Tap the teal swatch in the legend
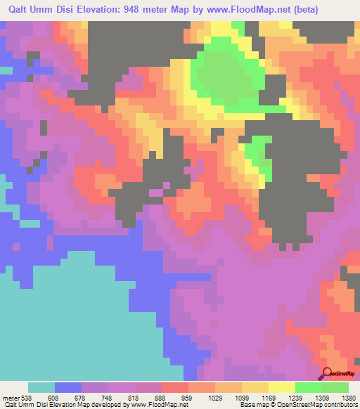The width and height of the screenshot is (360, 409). click(41, 387)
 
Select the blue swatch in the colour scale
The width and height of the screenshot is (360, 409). click(68, 387)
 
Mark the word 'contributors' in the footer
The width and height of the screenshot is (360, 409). click(339, 404)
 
